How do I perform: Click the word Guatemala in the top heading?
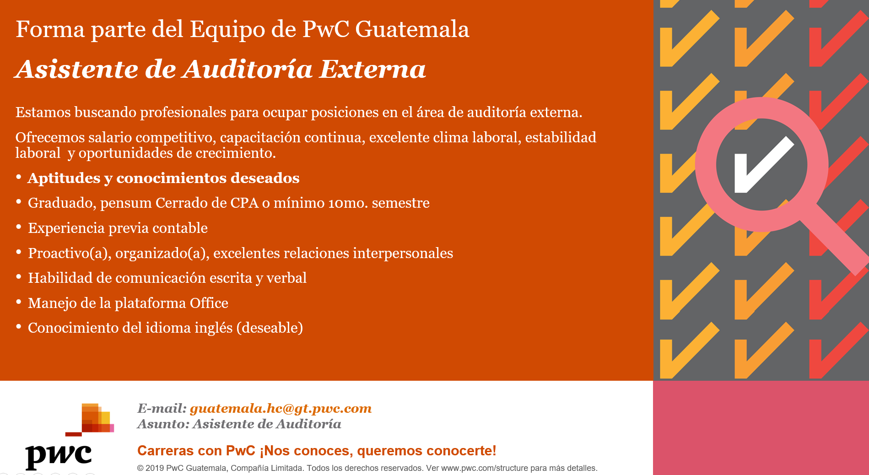[412, 29]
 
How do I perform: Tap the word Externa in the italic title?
[372, 69]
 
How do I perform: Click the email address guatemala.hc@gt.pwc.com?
[281, 409]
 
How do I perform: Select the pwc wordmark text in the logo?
[59, 456]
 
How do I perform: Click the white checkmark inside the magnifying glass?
[764, 164]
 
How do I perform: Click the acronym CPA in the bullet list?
[244, 203]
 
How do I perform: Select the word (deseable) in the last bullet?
[270, 328]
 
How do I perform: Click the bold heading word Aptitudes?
[64, 178]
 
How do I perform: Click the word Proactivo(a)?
[70, 254]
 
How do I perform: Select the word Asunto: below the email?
[163, 424]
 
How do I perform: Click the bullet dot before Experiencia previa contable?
[19, 227]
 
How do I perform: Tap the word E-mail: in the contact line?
[162, 408]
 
